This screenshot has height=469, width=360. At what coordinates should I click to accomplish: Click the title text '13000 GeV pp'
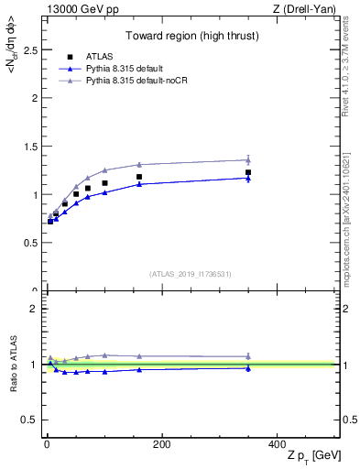tap(77, 9)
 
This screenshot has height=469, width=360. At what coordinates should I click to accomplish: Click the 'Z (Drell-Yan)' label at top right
tap(307, 9)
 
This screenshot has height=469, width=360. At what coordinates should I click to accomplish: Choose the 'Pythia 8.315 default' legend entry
tap(132, 69)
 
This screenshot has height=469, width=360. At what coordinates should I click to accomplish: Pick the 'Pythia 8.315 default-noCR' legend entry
tap(141, 81)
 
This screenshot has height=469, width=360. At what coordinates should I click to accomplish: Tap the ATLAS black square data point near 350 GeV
tap(248, 172)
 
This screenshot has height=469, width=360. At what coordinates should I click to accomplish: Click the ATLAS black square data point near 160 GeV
tap(139, 177)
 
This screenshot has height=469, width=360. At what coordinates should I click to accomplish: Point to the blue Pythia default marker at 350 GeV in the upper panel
tap(248, 179)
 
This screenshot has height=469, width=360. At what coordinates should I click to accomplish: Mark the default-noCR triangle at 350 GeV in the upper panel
tap(248, 160)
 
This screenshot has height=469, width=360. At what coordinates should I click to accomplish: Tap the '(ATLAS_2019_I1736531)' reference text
tap(191, 274)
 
